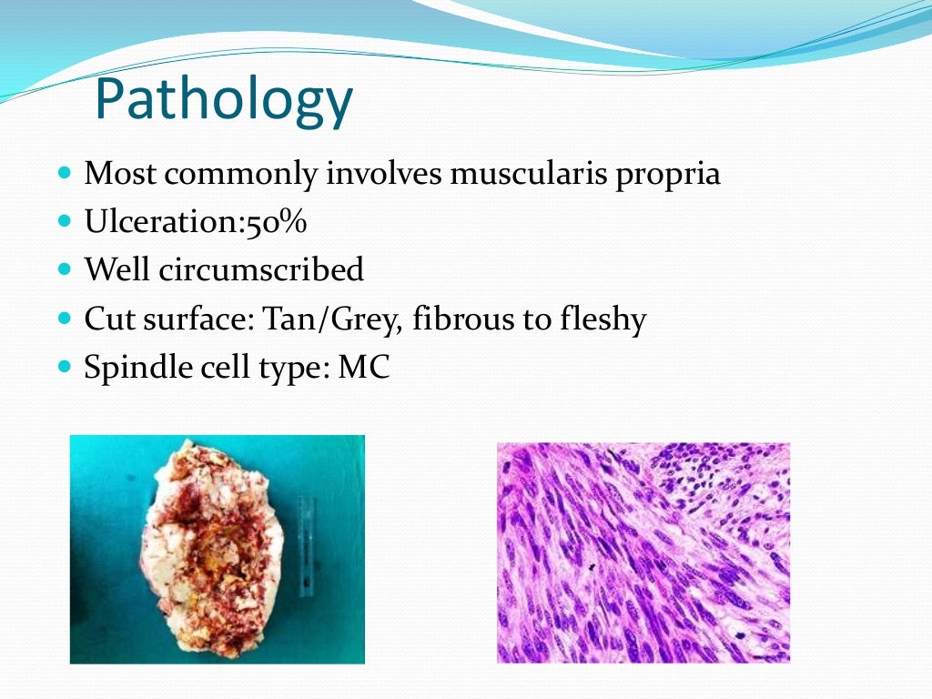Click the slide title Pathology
[223, 100]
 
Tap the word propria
[668, 173]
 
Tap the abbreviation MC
[363, 368]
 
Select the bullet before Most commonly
[63, 172]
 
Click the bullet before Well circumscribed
[63, 269]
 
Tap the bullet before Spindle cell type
[63, 368]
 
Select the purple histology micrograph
[643, 552]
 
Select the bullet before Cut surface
[63, 319]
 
